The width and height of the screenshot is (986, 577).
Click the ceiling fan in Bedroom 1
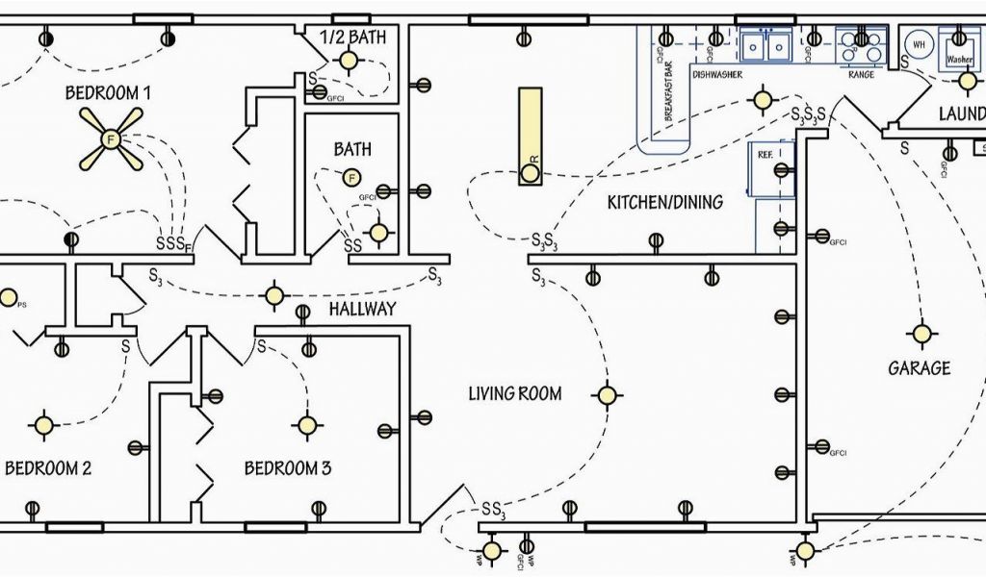(x=110, y=138)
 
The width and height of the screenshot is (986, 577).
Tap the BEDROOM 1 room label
(x=108, y=93)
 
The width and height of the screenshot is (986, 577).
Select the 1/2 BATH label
(x=353, y=38)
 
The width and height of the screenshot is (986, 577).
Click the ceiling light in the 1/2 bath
(x=348, y=61)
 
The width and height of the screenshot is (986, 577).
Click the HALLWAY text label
(x=362, y=309)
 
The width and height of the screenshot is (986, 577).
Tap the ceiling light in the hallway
(x=276, y=295)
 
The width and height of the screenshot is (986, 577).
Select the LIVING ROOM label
(x=514, y=393)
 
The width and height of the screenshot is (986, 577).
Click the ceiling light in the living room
(x=607, y=394)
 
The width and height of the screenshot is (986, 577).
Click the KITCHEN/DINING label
(x=664, y=203)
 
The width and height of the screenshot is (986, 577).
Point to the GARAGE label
(x=919, y=367)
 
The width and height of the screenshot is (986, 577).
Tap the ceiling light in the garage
(x=921, y=334)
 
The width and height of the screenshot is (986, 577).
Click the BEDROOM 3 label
(x=287, y=468)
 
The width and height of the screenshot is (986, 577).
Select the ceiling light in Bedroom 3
(x=307, y=424)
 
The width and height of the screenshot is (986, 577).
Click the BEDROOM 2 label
(x=48, y=468)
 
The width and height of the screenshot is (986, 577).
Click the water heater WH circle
(x=918, y=43)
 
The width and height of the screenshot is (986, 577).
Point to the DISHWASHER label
(x=716, y=74)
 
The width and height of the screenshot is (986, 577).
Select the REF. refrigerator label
(x=765, y=154)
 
